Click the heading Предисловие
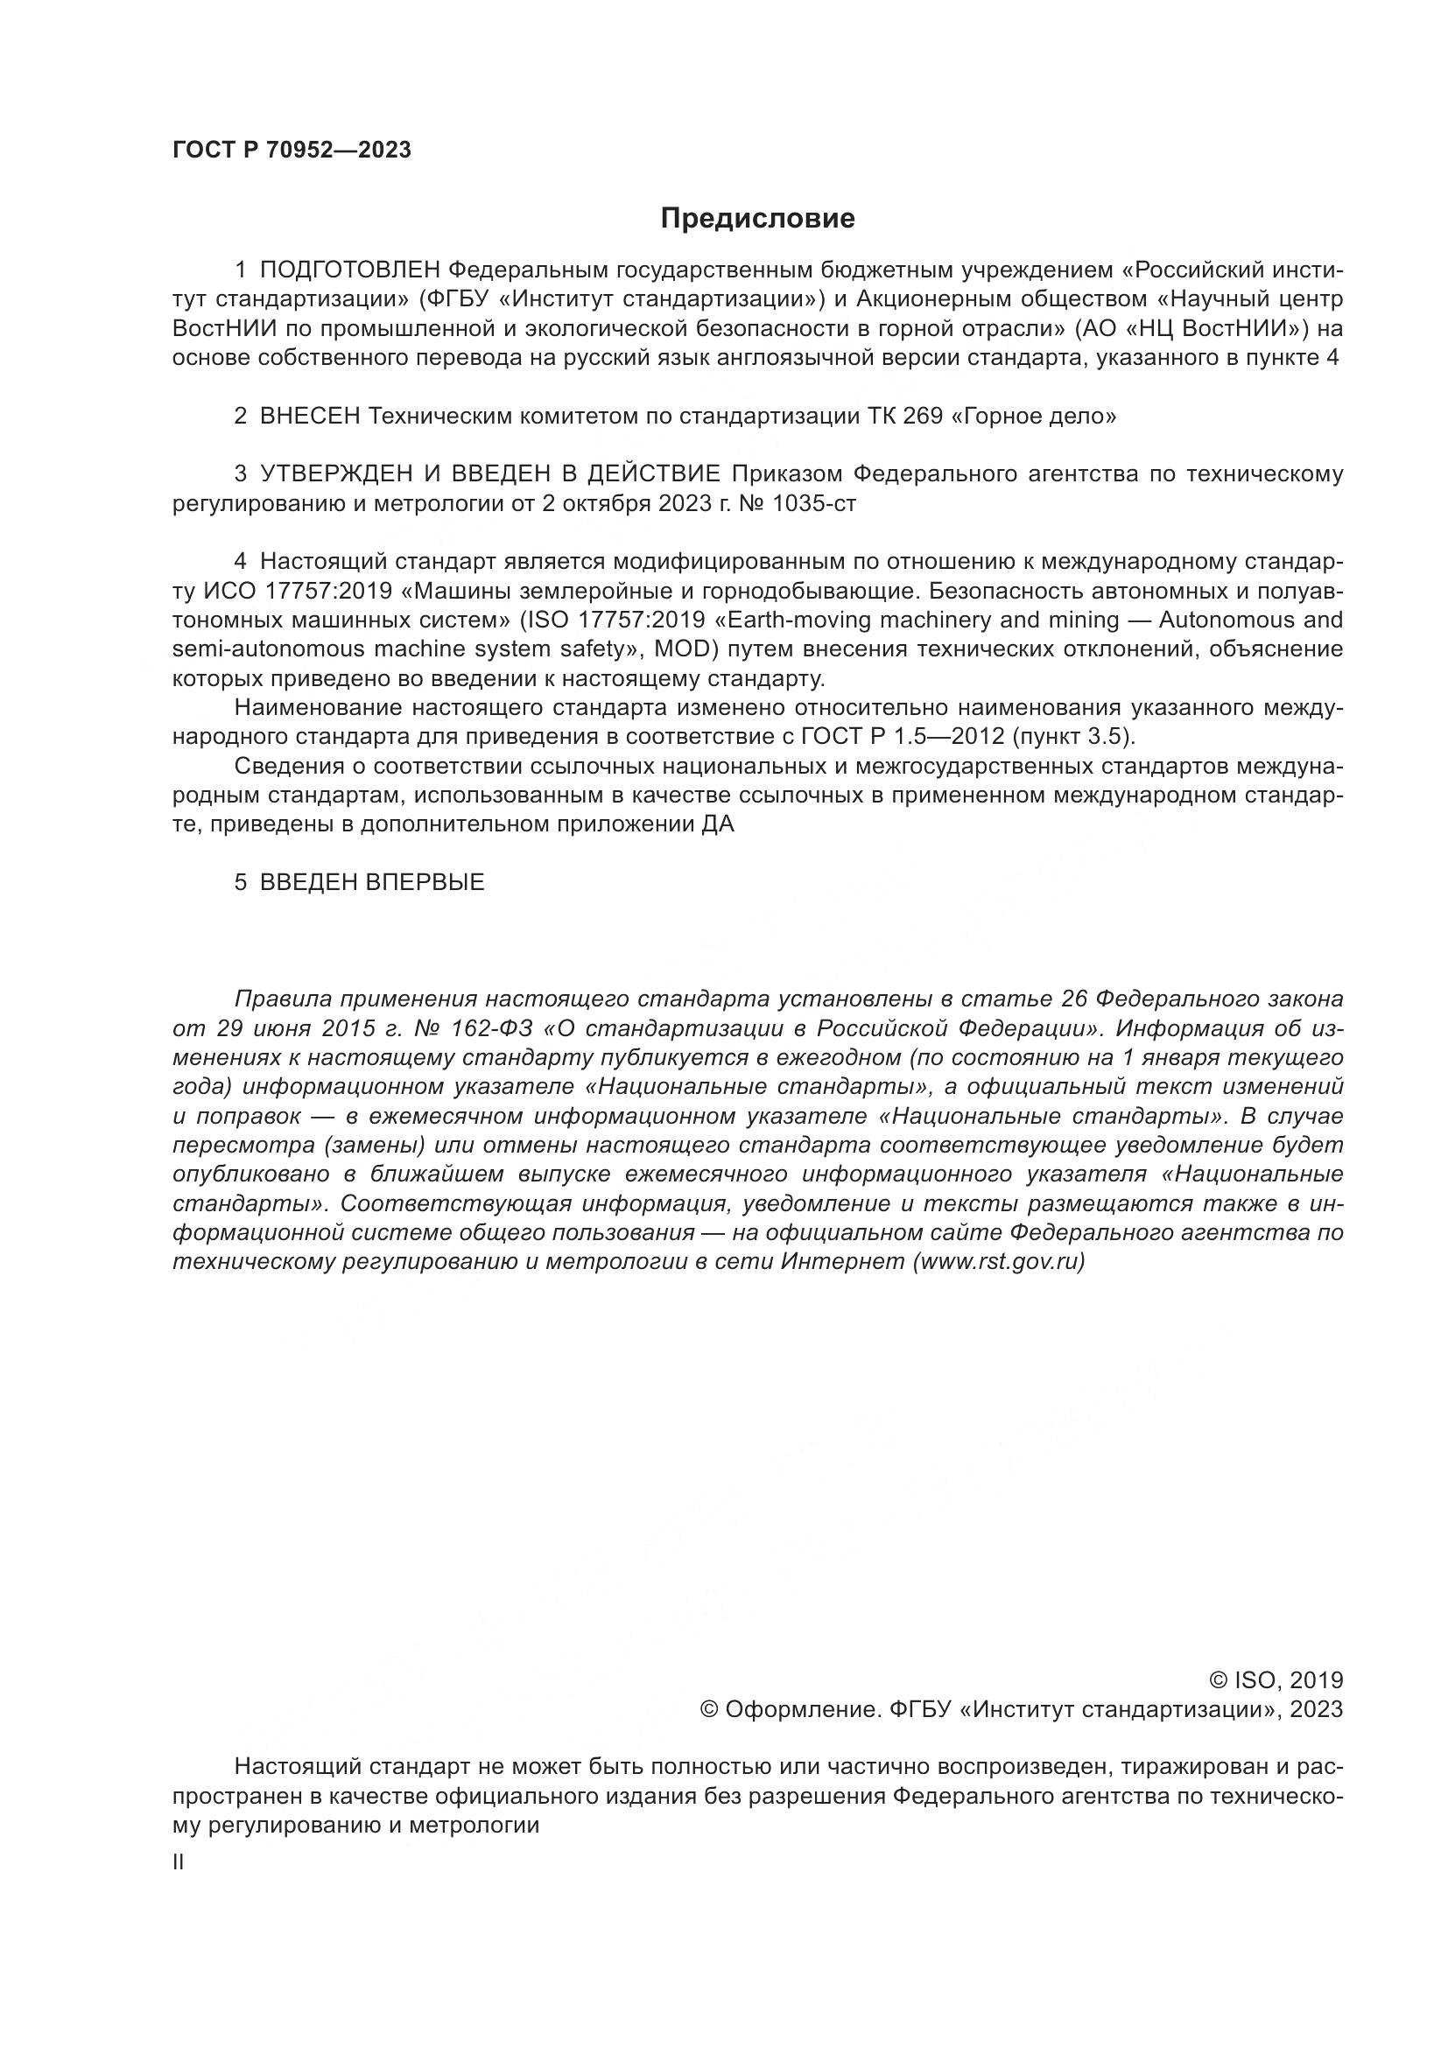757,219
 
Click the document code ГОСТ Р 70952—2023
292,150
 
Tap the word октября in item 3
607,504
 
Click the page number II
179,1862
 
